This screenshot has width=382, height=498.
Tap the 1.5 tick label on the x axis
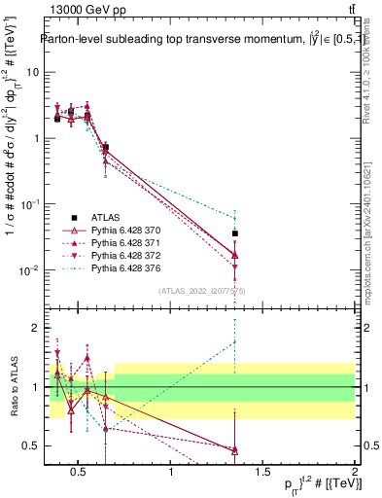pyautogui.click(x=262, y=474)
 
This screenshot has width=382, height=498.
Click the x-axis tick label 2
pyautogui.click(x=355, y=474)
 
